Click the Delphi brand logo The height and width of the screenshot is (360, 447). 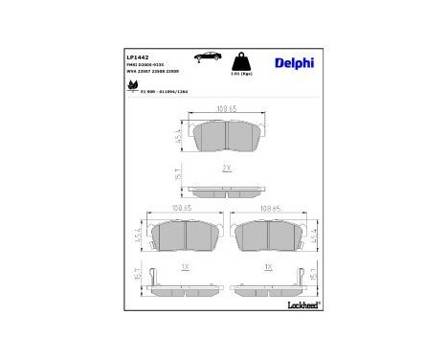point(294,63)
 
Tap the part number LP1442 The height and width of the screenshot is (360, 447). point(138,57)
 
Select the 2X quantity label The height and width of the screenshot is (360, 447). point(226,168)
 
